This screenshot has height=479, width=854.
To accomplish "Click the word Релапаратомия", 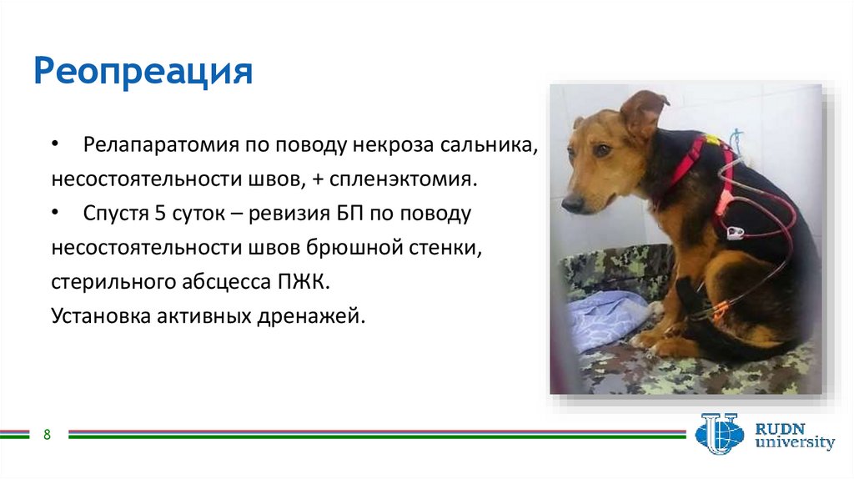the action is click(161, 145).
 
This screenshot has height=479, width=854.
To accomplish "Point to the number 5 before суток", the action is click(159, 213).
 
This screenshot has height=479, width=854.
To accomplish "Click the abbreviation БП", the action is click(349, 213).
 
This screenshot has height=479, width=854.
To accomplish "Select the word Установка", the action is click(101, 316).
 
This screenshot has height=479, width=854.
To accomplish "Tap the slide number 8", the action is click(47, 434).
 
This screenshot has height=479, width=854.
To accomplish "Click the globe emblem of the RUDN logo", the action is click(720, 434).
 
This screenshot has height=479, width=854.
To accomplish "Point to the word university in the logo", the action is click(794, 442).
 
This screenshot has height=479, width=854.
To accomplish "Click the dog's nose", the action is click(570, 204).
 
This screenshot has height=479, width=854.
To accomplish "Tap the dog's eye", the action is click(602, 149).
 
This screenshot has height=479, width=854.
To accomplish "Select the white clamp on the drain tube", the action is click(736, 233).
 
